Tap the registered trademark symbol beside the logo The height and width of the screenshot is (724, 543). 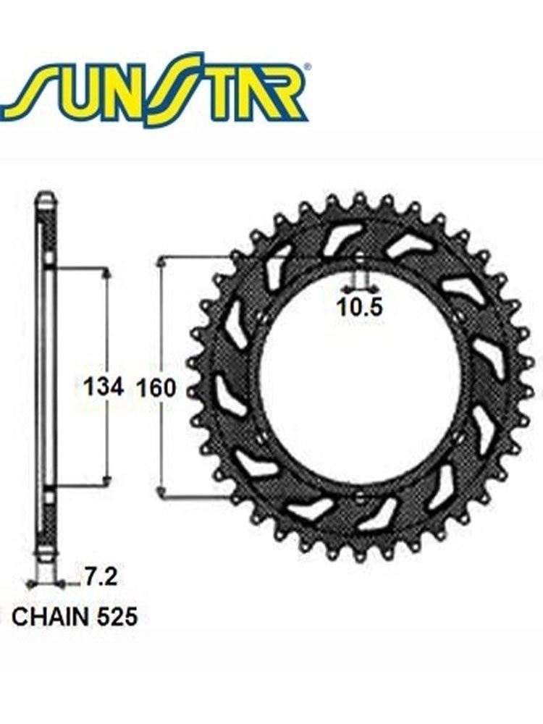(308, 67)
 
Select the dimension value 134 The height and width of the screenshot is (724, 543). (104, 387)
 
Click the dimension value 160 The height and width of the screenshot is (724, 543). (156, 388)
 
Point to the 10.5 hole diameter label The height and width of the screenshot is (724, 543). (360, 307)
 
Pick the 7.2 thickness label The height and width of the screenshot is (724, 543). (100, 577)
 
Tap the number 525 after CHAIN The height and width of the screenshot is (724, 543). (118, 617)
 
